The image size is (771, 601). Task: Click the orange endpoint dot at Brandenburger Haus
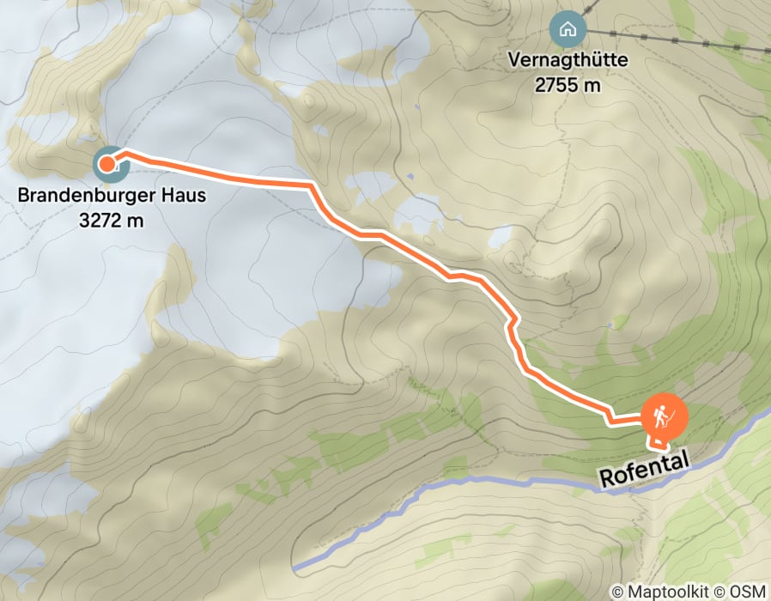[107, 163]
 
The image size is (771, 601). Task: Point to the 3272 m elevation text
[111, 220]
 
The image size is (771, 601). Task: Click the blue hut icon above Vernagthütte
[567, 30]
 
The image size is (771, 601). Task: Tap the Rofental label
[644, 470]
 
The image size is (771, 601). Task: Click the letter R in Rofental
[606, 477]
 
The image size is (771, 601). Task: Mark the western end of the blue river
[295, 568]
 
